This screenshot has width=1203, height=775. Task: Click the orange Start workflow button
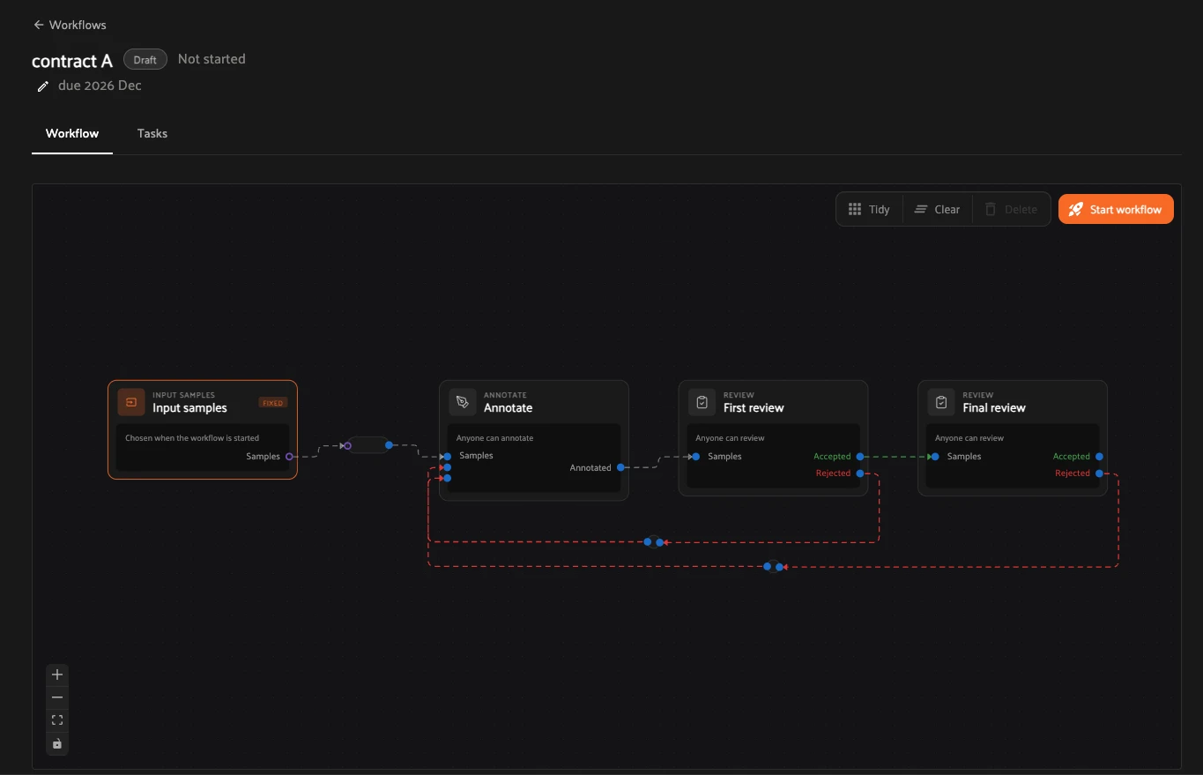click(x=1116, y=209)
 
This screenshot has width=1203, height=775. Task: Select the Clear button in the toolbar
click(x=937, y=209)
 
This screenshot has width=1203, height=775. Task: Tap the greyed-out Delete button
click(x=1011, y=209)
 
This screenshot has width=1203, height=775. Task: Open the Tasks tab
click(x=152, y=133)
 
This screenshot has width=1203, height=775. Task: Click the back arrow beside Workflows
click(x=39, y=25)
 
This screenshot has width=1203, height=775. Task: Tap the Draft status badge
click(x=145, y=59)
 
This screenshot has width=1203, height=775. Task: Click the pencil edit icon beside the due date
click(x=42, y=86)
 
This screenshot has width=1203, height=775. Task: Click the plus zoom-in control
click(x=57, y=674)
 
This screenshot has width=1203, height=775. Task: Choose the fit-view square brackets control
click(x=57, y=719)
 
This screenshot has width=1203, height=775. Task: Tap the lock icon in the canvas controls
click(x=57, y=744)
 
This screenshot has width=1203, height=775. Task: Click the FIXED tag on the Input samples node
click(x=273, y=403)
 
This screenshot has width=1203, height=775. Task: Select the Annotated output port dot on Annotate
click(x=620, y=467)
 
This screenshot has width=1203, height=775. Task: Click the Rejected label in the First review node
click(x=833, y=473)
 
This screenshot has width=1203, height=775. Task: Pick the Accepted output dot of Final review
click(x=1099, y=457)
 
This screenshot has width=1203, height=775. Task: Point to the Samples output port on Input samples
click(x=289, y=457)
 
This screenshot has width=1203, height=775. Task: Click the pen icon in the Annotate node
click(x=463, y=402)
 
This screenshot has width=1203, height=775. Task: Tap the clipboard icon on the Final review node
click(x=941, y=402)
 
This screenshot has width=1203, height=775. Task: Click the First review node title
click(x=754, y=408)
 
